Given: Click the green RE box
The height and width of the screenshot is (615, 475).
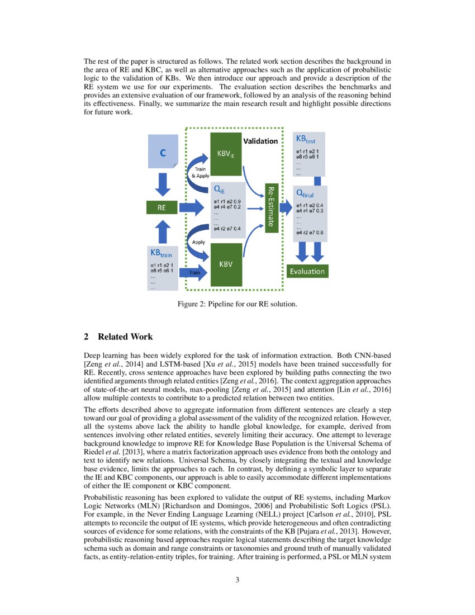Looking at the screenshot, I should [161, 208].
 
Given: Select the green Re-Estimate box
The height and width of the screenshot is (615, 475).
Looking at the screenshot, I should [271, 206].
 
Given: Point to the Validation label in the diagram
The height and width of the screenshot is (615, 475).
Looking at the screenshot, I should [260, 141].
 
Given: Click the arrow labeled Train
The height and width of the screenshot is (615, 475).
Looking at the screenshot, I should [194, 272].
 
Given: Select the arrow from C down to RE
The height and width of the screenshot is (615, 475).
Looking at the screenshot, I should [163, 184].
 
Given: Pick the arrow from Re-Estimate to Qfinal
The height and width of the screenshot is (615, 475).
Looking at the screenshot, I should [285, 208].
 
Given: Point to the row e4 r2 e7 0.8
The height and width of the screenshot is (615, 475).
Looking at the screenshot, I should [310, 232].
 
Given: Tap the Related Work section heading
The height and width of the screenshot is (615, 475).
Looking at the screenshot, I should [118, 337].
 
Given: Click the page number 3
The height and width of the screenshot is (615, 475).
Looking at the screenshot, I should [237, 579].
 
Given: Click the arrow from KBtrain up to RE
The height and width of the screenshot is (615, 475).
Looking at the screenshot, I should [163, 231].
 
